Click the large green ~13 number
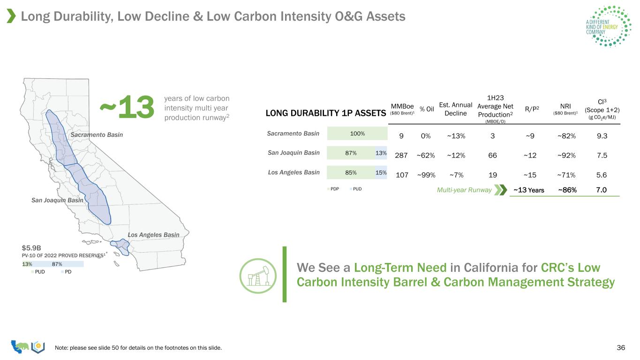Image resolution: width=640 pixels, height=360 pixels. (x=127, y=107)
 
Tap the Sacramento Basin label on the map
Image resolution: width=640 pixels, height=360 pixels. (x=97, y=135)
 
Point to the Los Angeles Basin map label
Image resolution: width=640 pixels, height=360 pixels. (x=153, y=234)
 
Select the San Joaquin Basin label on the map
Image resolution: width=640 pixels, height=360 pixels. (x=57, y=200)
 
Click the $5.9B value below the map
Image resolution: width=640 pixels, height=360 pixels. (x=31, y=247)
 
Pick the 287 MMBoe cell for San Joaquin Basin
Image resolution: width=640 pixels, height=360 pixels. (x=401, y=156)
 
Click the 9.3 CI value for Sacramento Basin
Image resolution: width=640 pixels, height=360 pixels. (x=602, y=136)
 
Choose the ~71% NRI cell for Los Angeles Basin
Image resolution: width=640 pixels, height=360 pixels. (x=566, y=175)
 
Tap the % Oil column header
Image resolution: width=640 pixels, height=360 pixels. (x=427, y=109)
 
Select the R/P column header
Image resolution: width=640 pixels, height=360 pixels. (x=532, y=109)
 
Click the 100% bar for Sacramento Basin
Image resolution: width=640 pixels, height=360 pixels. (x=357, y=134)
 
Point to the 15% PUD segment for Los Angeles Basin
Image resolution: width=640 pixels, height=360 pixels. (x=381, y=172)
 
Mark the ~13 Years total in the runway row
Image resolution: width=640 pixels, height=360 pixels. (x=528, y=190)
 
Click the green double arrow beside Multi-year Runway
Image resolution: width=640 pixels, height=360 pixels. (x=501, y=190)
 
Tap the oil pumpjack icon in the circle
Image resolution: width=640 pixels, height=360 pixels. (x=258, y=276)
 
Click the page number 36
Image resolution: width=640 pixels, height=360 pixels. (x=621, y=347)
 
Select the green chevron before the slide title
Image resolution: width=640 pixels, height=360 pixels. (x=11, y=16)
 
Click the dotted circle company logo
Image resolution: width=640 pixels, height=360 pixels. (x=609, y=26)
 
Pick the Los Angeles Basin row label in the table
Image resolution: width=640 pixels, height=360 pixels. (x=294, y=172)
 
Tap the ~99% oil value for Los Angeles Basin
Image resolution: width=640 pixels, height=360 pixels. (x=426, y=175)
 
